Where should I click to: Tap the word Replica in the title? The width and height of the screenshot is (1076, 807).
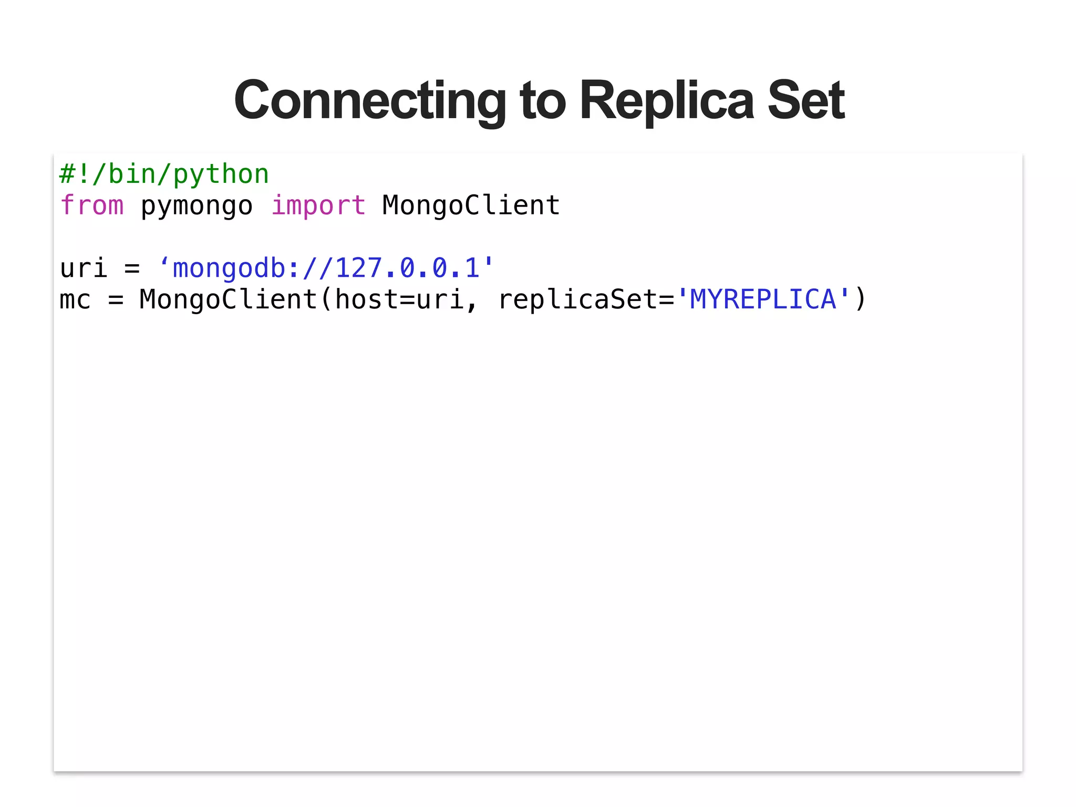[x=666, y=100]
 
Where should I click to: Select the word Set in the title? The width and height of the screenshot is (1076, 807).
[x=806, y=100]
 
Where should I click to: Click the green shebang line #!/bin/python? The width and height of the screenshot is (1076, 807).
[x=164, y=174]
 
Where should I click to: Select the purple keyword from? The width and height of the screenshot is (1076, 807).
[x=92, y=205]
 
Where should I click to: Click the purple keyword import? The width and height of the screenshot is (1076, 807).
[x=318, y=205]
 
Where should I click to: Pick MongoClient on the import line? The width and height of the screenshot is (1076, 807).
[x=471, y=205]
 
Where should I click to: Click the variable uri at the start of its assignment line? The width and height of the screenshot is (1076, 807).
[x=84, y=268]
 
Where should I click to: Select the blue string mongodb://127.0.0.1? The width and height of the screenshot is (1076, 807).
[x=326, y=268]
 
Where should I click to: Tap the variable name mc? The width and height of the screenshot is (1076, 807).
[x=75, y=300]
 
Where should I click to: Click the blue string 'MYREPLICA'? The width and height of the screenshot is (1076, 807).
[x=763, y=300]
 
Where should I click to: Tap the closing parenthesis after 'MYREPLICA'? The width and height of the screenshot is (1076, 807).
[x=860, y=300]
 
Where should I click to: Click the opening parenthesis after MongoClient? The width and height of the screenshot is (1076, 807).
[x=326, y=300]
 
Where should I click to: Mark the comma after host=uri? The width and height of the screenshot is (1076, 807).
[x=471, y=305]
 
